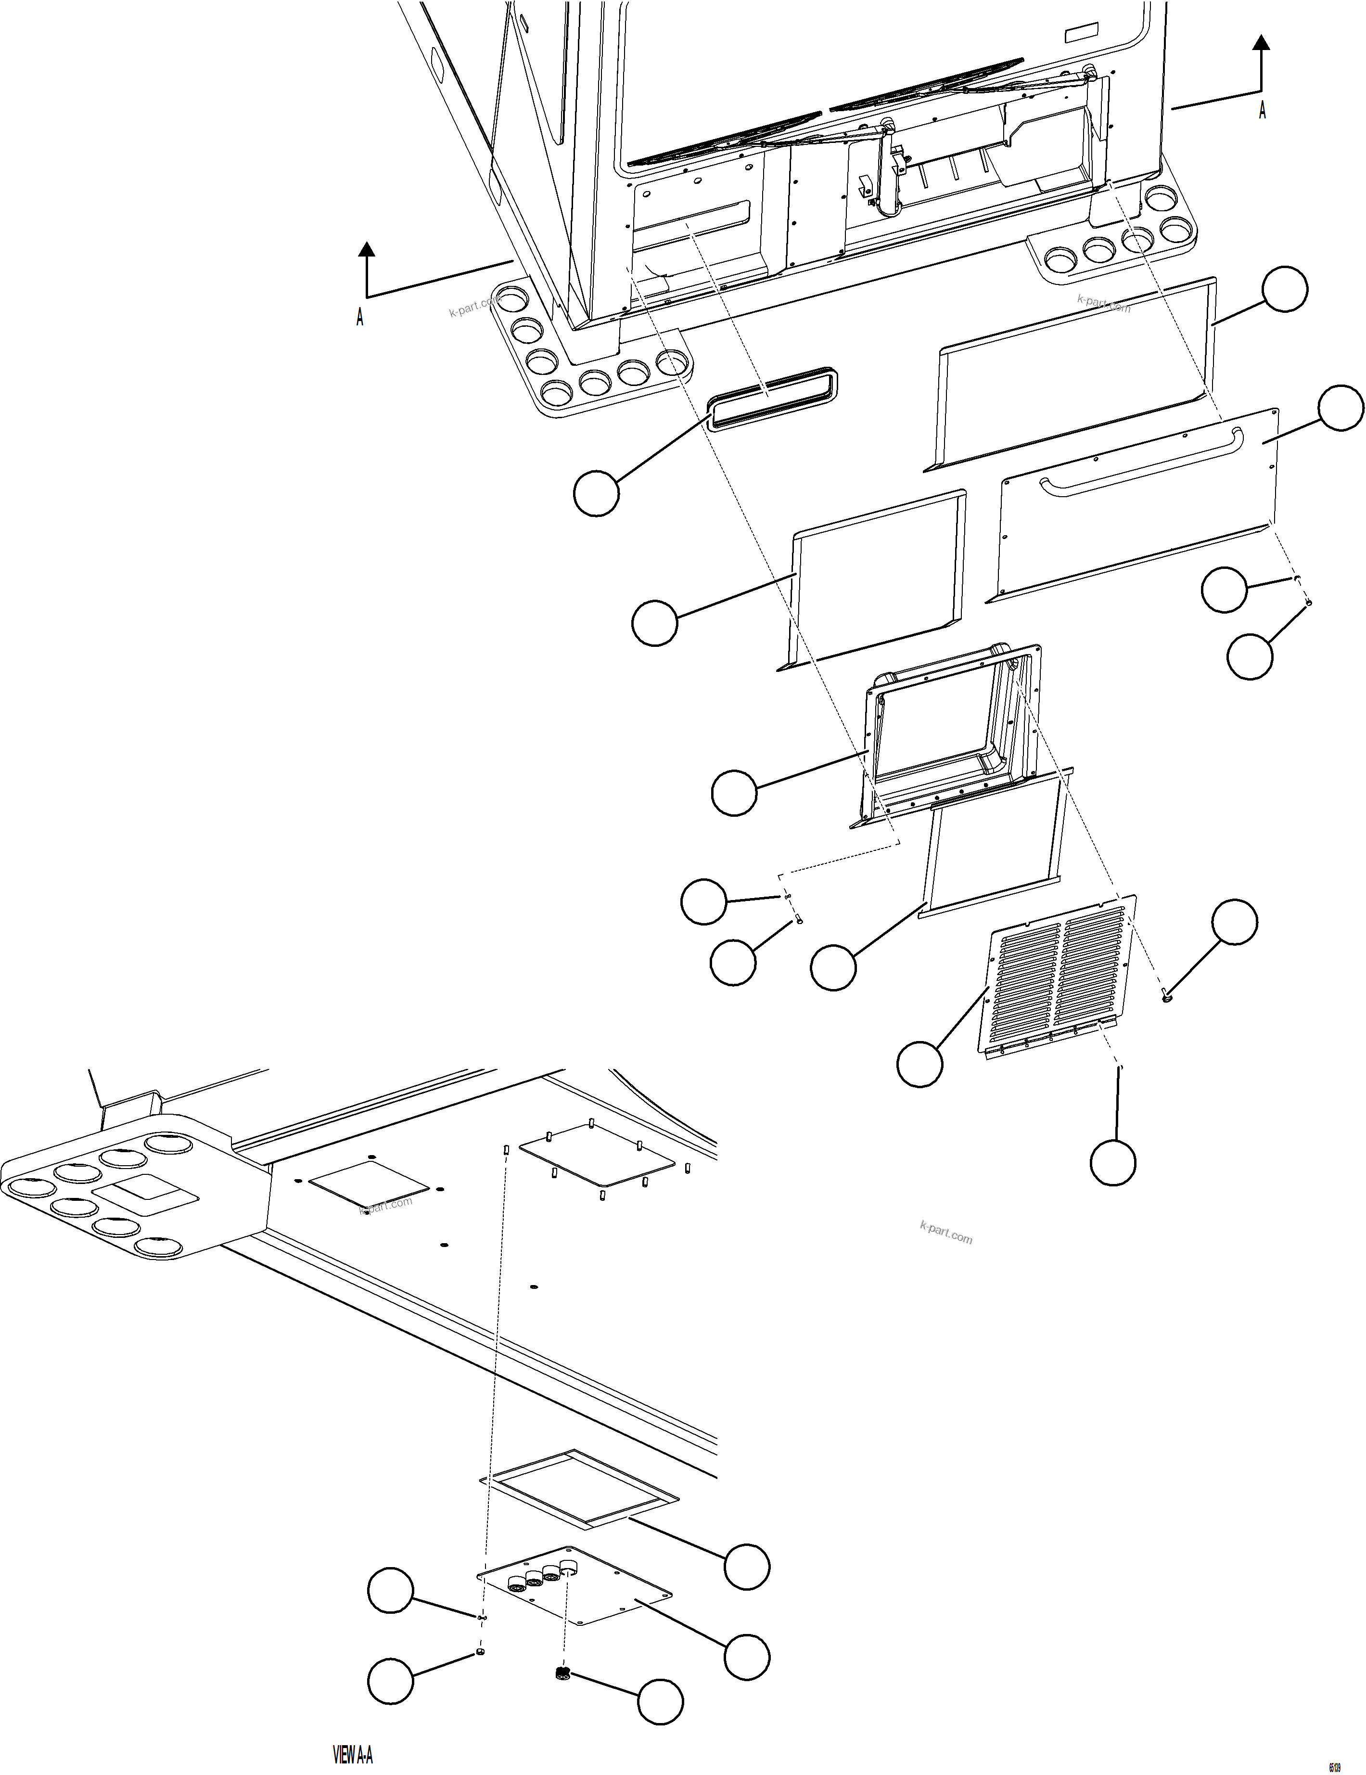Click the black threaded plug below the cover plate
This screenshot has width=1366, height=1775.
coord(561,1672)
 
